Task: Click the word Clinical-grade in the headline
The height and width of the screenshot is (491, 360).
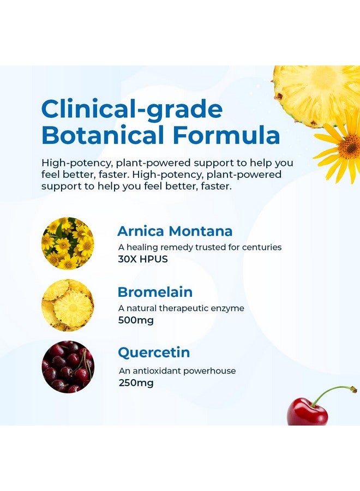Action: [132, 110]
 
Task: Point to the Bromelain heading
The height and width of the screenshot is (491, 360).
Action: [155, 292]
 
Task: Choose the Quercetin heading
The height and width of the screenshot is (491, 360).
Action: [154, 352]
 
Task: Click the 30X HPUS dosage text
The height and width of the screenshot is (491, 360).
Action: [143, 259]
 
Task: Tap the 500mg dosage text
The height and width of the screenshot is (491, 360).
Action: [136, 320]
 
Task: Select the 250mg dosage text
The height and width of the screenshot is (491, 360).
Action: [136, 382]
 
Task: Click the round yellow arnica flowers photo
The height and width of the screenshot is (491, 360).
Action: [68, 243]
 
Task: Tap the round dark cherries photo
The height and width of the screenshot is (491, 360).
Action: [68, 367]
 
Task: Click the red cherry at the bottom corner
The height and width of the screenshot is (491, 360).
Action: [307, 412]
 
